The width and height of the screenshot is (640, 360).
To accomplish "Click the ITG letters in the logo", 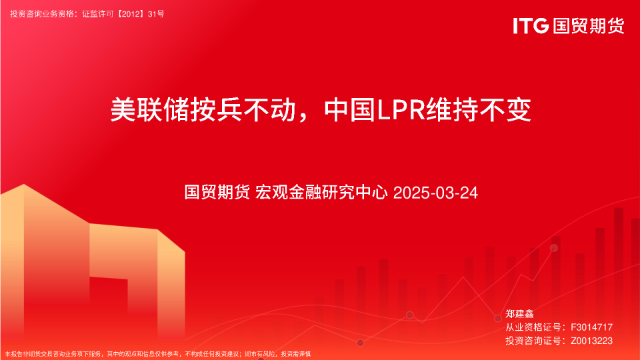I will point(531,26).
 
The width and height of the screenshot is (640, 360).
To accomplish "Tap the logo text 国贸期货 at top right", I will point(588,26).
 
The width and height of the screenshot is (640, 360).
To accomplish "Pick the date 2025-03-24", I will point(436,193).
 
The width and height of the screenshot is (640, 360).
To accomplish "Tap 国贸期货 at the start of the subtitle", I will point(217,193).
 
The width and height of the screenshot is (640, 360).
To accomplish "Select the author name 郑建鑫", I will point(520,313).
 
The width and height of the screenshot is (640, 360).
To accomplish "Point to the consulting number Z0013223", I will point(591,341).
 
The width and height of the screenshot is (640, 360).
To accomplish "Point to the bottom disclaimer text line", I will point(157,354).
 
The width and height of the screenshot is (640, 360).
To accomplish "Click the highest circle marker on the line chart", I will point(553,248).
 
